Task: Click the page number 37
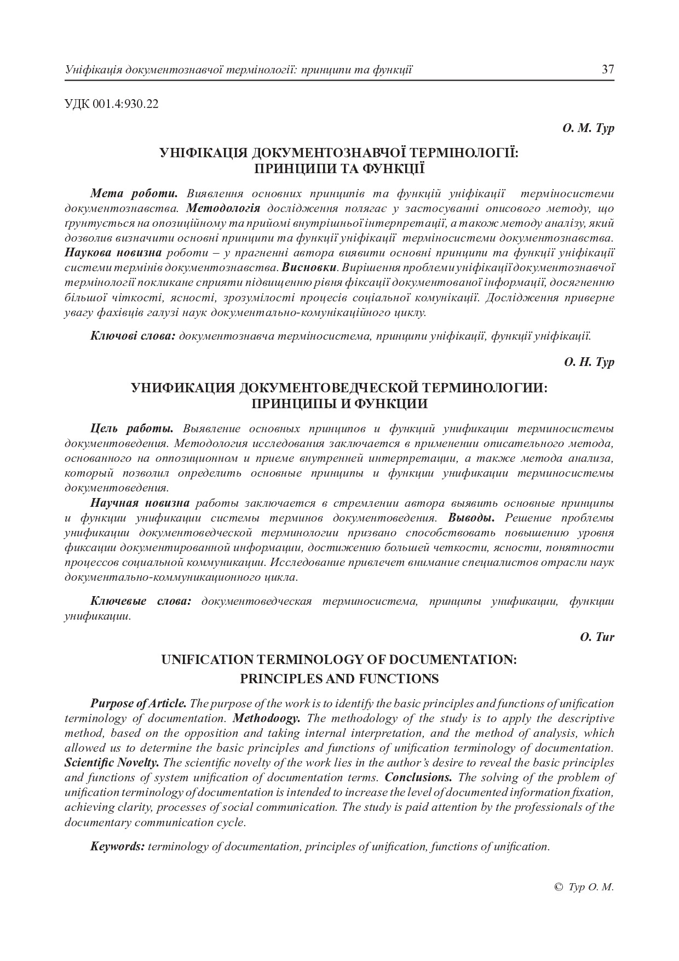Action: pos(608,70)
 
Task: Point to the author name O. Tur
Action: pos(597,637)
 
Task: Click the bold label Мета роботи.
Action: pos(134,193)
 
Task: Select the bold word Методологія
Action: pos(223,208)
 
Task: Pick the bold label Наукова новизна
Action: pos(113,253)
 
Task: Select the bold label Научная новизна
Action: pos(140,502)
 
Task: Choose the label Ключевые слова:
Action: pos(141,601)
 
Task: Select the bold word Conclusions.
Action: pos(418,777)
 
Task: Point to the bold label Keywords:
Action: pos(118,846)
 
